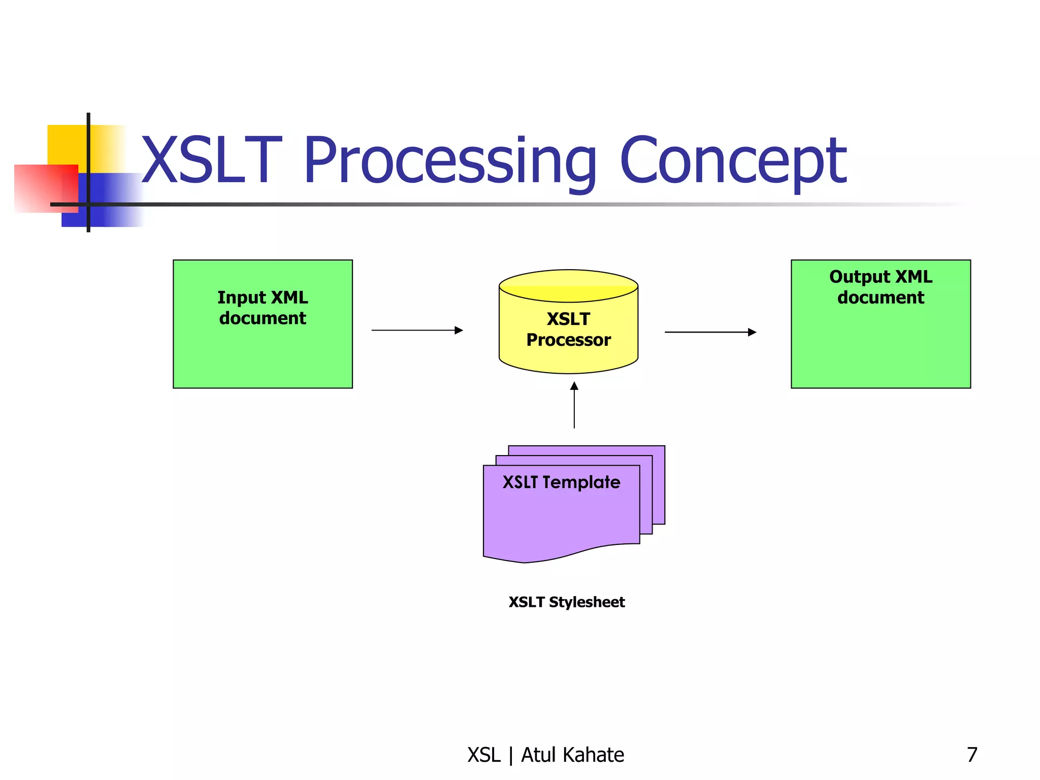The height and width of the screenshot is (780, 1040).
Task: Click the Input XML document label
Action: pos(263,308)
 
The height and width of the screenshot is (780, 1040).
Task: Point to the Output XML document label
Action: pos(881,287)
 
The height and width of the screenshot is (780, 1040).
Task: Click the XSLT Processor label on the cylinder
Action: pos(568,330)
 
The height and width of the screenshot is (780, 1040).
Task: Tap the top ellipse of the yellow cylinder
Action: pos(568,285)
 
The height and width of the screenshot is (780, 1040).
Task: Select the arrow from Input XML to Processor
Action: pos(417,330)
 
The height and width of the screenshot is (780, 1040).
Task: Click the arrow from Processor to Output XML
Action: pos(710,332)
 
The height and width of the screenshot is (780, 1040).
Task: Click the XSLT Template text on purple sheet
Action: pos(561,482)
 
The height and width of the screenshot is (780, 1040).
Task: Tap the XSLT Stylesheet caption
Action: pos(567,602)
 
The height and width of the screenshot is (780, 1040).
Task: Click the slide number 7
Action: pos(972,755)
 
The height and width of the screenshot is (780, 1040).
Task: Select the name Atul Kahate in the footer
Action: pos(572,755)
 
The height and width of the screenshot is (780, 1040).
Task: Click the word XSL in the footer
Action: pos(484,755)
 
